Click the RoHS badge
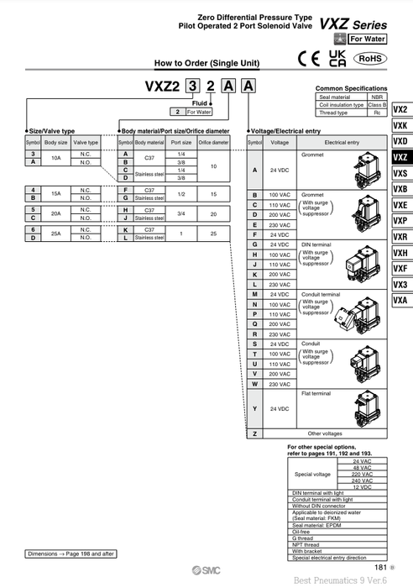[370, 58]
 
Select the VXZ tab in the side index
[400, 157]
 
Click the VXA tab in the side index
[400, 300]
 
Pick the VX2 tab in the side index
[400, 109]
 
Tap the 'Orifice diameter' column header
[213, 143]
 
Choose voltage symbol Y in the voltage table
[254, 408]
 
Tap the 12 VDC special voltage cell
[363, 487]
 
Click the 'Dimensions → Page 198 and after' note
[71, 554]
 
